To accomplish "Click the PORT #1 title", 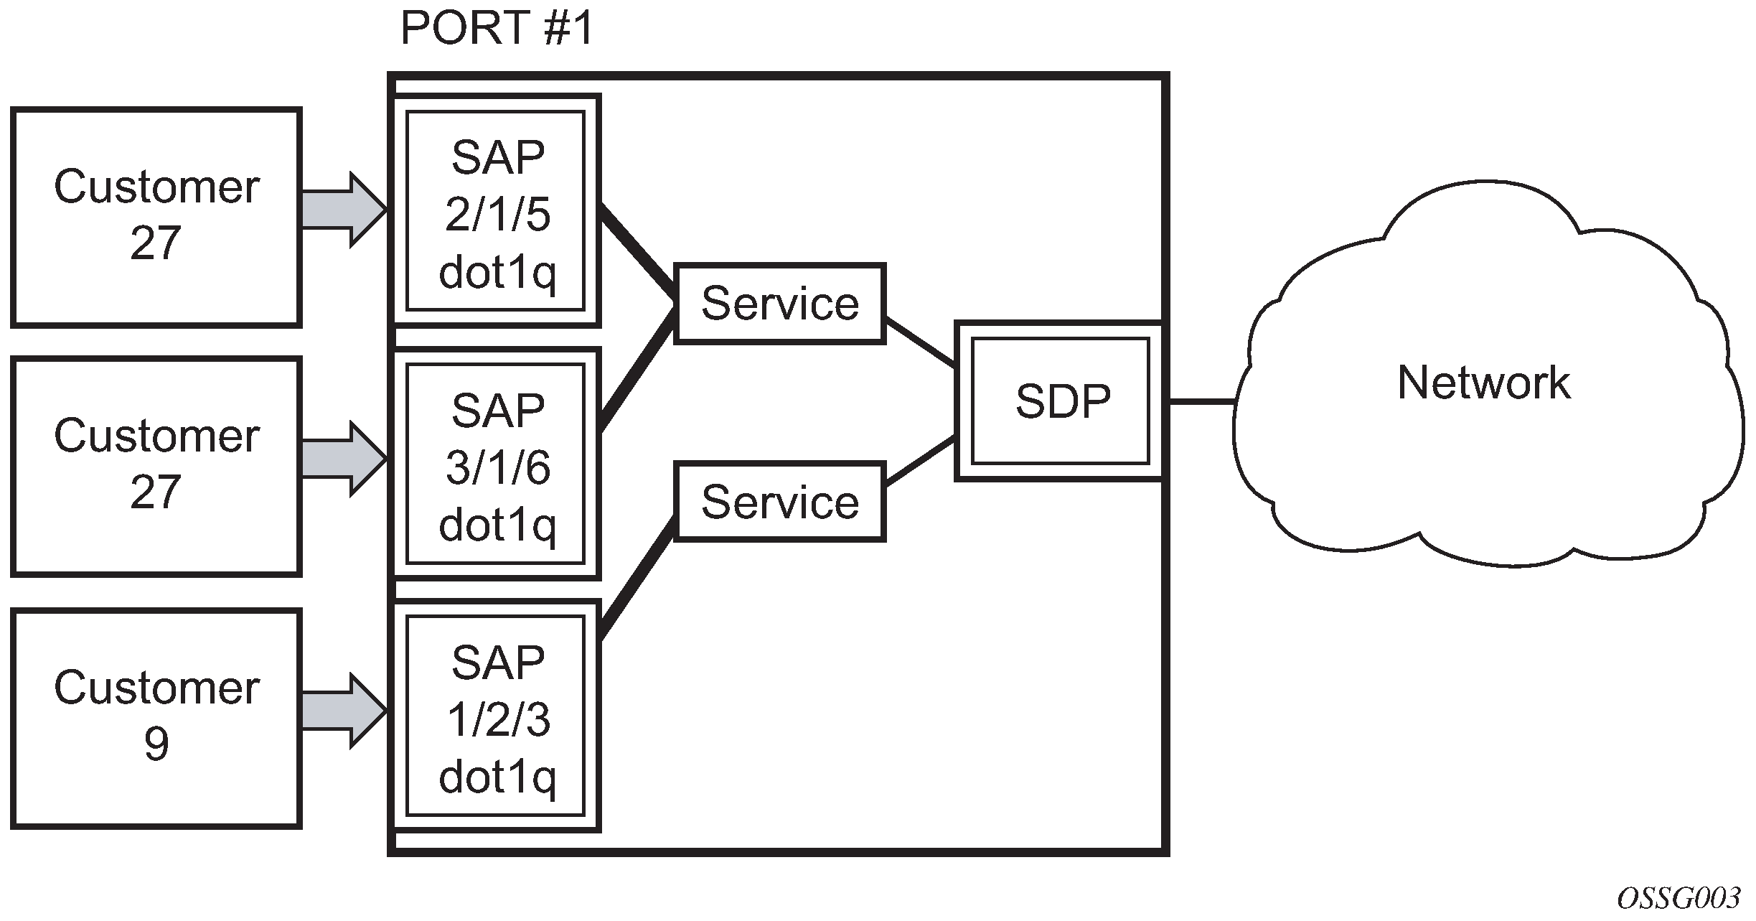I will coord(497,29).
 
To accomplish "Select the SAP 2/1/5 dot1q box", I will coord(496,211).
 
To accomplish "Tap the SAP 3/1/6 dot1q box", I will coord(496,464).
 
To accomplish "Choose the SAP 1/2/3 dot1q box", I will coord(496,716).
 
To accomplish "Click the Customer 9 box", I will coord(156,719).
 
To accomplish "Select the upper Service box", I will coord(780,304).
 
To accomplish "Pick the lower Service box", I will coord(780,502).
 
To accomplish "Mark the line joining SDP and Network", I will coord(1201,401).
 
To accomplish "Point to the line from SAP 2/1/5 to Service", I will coord(637,251).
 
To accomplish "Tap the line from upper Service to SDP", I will coord(921,343).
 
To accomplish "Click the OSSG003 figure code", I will coord(1678,898).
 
